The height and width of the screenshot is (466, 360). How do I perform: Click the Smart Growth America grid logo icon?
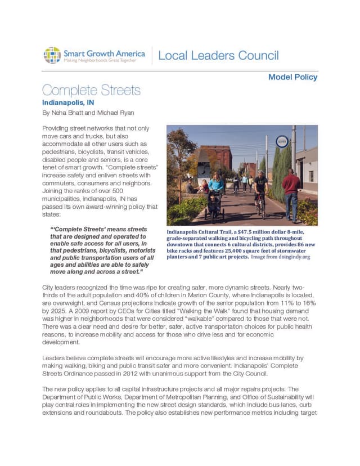[52, 55]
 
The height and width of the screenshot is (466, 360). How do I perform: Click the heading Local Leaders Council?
[218, 56]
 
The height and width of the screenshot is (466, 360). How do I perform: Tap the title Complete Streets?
[91, 90]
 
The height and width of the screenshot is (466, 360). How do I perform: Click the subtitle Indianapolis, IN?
[69, 103]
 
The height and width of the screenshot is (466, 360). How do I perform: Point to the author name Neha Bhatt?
[68, 113]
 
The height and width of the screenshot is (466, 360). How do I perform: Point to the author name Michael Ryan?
[115, 113]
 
